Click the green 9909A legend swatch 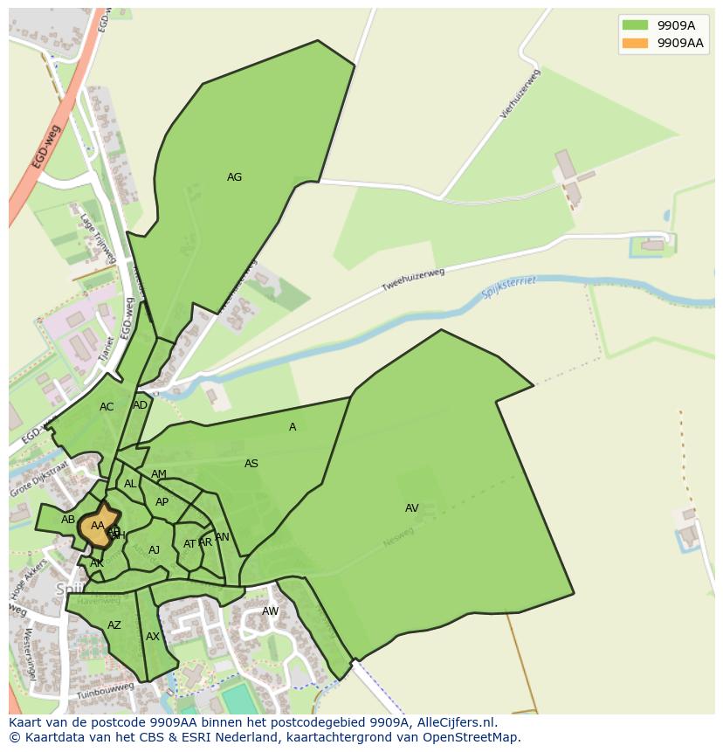point(635,25)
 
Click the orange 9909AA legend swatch point(635,43)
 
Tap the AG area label point(234,177)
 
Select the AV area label point(411,508)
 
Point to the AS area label point(251,464)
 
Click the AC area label point(107,407)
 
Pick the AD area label point(141,405)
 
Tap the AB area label point(68,520)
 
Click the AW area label point(271,611)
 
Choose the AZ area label point(114,625)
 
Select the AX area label point(153,637)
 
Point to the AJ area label point(155,550)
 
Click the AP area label point(162,502)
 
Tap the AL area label point(130,484)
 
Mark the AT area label point(189,544)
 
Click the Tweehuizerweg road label point(413,280)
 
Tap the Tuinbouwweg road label point(105,691)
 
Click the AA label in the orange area point(98,526)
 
